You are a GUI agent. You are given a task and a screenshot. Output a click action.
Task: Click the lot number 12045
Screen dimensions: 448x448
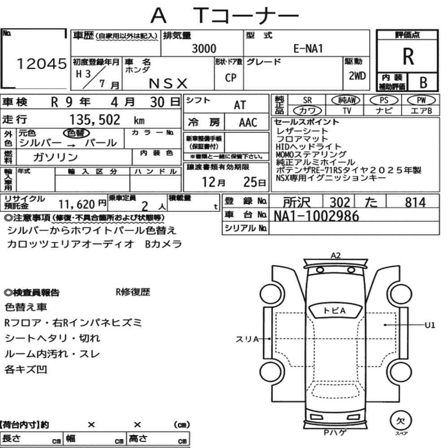(42, 64)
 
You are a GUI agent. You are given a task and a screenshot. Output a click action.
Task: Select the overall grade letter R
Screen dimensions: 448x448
(408, 56)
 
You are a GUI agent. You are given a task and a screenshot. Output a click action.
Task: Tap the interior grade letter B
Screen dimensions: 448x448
(423, 82)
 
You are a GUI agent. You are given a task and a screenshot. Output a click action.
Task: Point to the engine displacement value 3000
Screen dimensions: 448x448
(204, 48)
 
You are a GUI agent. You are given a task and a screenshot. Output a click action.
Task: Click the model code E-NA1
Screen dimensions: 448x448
(308, 48)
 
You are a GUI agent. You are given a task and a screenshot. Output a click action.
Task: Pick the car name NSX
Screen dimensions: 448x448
(168, 83)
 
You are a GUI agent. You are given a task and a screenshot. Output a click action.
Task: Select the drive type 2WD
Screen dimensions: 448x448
(357, 76)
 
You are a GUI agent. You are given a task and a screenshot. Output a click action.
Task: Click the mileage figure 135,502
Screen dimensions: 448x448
(95, 120)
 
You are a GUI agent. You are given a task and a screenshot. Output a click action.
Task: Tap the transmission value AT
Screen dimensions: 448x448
(240, 105)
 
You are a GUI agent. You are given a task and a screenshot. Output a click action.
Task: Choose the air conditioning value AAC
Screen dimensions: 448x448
(248, 123)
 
